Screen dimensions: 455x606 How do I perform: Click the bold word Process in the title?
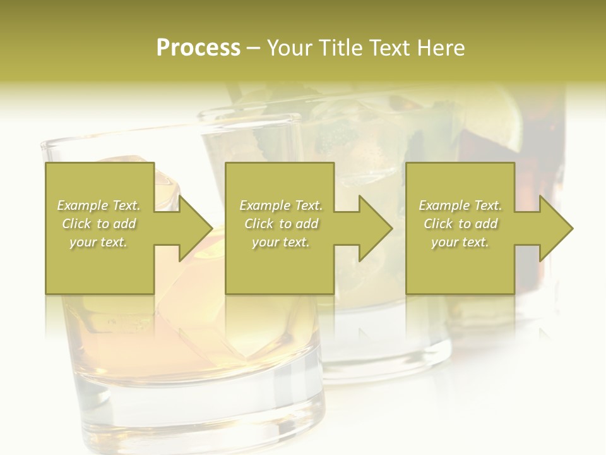click(198, 48)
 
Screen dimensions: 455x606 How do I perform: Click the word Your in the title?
click(290, 48)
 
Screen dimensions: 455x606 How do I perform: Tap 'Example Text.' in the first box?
click(98, 205)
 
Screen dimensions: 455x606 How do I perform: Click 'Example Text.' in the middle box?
click(280, 205)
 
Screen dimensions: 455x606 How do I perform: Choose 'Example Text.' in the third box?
click(460, 205)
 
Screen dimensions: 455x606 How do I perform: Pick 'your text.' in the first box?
click(98, 242)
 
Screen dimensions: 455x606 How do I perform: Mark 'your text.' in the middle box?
click(280, 242)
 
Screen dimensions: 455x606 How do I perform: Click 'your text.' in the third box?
click(460, 242)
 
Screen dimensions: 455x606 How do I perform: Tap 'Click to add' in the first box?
click(98, 224)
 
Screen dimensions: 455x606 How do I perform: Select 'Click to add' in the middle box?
click(280, 224)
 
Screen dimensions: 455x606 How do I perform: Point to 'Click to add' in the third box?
click(460, 224)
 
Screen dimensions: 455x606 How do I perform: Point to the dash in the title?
click(253, 49)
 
